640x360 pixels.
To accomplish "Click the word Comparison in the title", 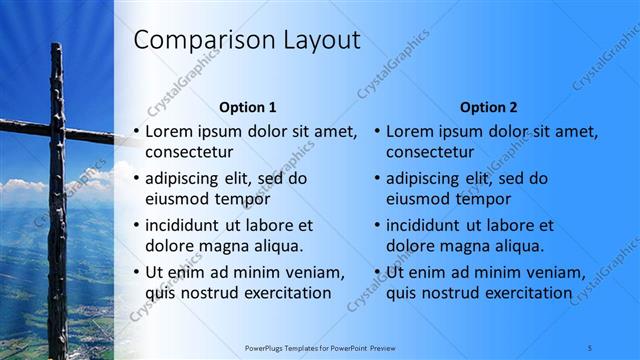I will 189,40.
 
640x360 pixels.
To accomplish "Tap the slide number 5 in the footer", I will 590,347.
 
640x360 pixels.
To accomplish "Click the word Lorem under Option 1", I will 169,131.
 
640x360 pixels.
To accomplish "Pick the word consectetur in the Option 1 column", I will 189,153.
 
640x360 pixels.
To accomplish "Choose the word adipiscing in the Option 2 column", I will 424,179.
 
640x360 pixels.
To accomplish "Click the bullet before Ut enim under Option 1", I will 136,272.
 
